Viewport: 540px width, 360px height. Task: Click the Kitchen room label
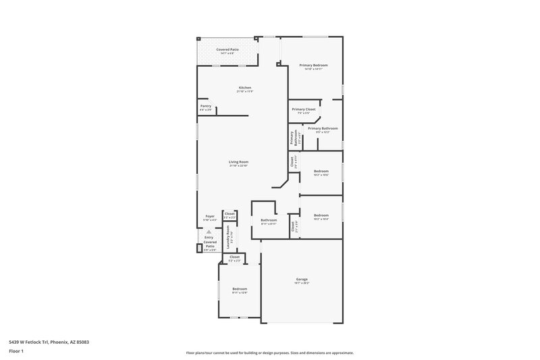pos(245,88)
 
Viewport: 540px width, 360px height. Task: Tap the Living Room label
pos(239,162)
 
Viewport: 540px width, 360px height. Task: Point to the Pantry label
pos(206,106)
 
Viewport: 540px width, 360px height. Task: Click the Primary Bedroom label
pos(314,65)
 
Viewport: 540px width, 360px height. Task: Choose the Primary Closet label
pos(304,109)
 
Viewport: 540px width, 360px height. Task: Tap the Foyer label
pos(211,216)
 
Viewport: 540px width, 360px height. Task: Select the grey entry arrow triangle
pos(209,232)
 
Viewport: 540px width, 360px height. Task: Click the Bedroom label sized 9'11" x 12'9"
pos(240,289)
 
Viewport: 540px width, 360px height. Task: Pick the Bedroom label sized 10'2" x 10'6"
pos(321,172)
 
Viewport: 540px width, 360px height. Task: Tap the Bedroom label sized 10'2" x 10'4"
pos(321,215)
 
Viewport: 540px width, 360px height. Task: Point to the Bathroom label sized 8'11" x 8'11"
pos(269,220)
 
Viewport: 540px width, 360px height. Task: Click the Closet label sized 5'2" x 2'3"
pos(235,257)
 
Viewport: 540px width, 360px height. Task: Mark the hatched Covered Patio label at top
pos(227,49)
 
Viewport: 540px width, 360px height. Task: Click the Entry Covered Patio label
pos(209,242)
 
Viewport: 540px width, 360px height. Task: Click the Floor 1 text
pos(16,352)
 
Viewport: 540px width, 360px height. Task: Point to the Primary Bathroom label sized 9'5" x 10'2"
pos(323,128)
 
